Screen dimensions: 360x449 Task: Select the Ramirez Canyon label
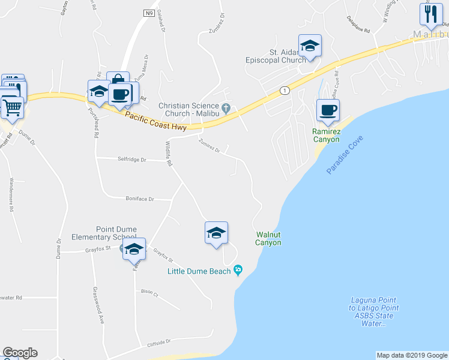[x=326, y=136]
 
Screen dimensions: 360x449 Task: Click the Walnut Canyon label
[x=268, y=238]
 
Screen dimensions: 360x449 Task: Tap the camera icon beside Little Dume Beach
[x=238, y=271]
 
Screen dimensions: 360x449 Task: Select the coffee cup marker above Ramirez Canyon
[x=328, y=110]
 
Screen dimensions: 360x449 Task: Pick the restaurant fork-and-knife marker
[x=430, y=14]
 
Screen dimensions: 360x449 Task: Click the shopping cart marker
[x=12, y=108]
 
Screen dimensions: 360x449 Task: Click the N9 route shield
[x=149, y=12]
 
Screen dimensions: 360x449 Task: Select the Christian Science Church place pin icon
[x=226, y=108]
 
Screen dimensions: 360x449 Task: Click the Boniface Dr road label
[x=140, y=199]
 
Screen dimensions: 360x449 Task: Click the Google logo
[x=20, y=353]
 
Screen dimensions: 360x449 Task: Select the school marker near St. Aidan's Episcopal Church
[x=310, y=47]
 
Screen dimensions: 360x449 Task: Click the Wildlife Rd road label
[x=169, y=153]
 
